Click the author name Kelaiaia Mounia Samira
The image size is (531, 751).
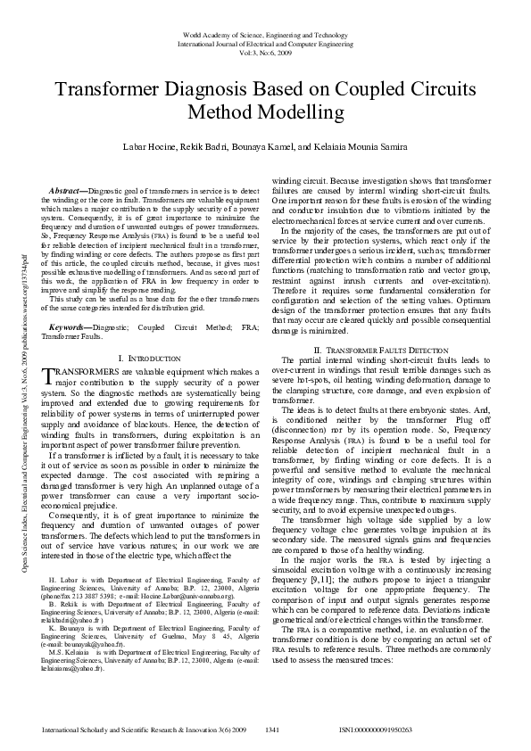click(x=361, y=144)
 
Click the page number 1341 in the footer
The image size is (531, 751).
click(x=272, y=730)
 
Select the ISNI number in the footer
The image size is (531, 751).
click(x=376, y=730)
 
